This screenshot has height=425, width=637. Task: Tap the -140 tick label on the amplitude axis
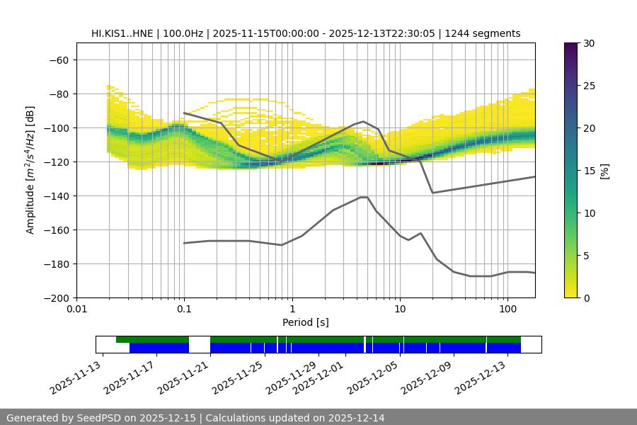(x=57, y=196)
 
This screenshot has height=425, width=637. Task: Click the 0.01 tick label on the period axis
(x=76, y=310)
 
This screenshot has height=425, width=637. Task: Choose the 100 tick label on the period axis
(x=507, y=310)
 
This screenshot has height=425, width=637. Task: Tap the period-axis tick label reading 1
(x=292, y=310)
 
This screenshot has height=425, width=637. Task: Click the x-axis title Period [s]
(x=305, y=322)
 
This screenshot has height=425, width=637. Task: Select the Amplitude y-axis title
(x=30, y=170)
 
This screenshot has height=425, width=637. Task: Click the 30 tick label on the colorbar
(x=588, y=43)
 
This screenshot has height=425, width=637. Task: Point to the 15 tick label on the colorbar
(x=588, y=171)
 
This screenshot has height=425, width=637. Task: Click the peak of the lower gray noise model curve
(x=364, y=197)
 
